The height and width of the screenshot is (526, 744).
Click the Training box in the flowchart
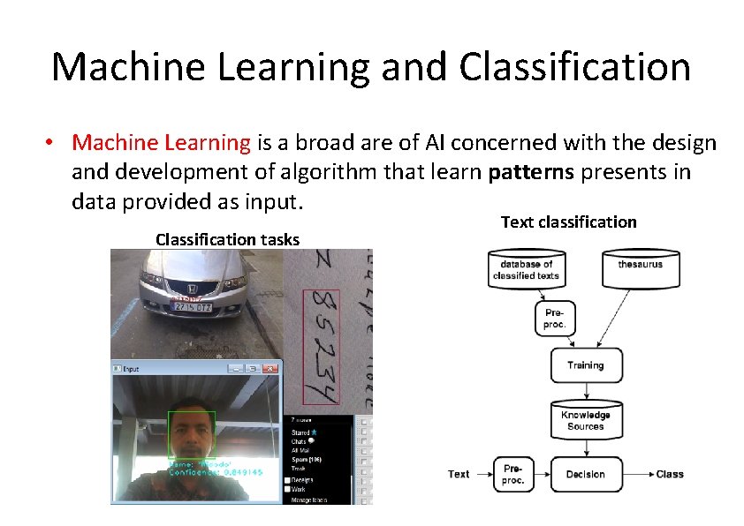click(x=586, y=365)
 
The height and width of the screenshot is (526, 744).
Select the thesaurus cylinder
click(x=640, y=268)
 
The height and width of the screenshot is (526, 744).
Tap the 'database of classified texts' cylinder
click(x=525, y=269)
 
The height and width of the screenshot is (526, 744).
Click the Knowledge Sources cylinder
click(x=586, y=420)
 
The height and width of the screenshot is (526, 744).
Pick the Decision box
click(x=586, y=475)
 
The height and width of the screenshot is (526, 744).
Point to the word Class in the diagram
click(x=670, y=475)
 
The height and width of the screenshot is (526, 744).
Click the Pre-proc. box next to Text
click(x=512, y=475)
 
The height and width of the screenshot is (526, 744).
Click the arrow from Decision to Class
click(x=636, y=475)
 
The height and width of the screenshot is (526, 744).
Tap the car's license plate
click(x=190, y=307)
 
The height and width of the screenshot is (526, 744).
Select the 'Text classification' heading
click(x=568, y=222)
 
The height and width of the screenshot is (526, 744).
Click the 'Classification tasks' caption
click(x=227, y=239)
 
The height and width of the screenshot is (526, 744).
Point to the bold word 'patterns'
click(x=531, y=171)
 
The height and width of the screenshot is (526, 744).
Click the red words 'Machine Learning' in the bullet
click(x=162, y=142)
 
